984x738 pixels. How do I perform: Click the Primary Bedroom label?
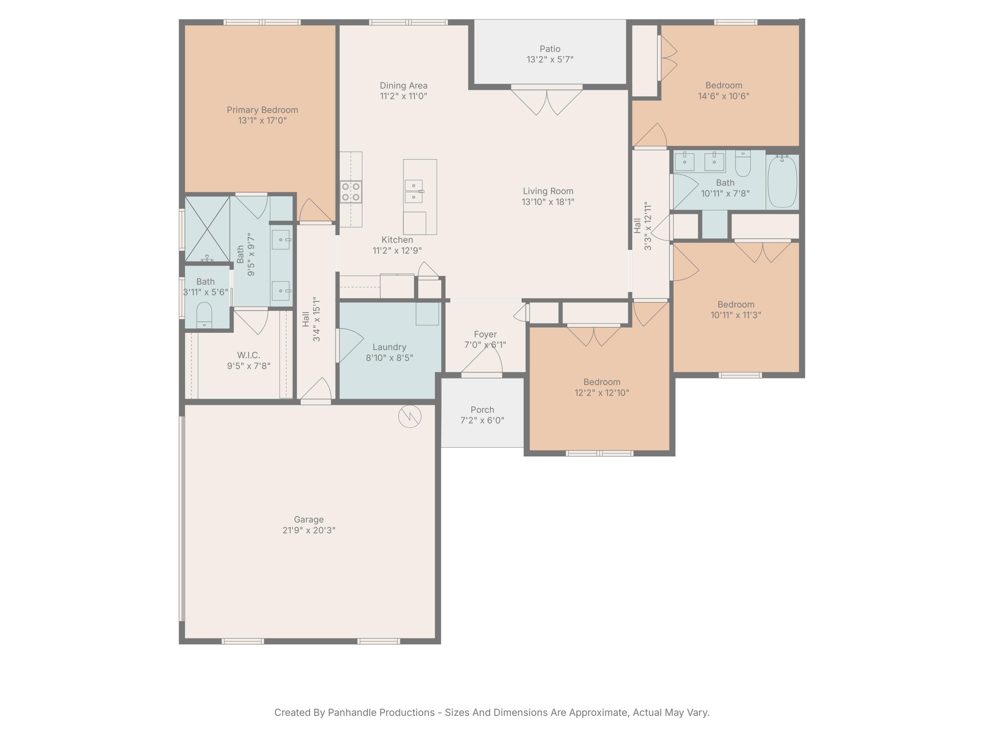click(262, 110)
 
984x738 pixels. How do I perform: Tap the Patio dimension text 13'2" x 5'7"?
click(550, 60)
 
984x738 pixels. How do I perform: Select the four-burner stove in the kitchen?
click(351, 192)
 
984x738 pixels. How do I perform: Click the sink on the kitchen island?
click(414, 191)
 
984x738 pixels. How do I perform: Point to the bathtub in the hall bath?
click(782, 181)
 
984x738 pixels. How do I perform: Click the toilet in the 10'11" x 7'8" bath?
click(743, 164)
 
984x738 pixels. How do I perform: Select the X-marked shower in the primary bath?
click(207, 229)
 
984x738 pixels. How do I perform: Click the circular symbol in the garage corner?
click(409, 417)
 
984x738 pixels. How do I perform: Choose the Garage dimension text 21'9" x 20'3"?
click(309, 530)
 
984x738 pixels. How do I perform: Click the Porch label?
click(482, 410)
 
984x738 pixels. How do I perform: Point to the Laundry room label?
click(389, 347)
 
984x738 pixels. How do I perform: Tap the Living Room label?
click(548, 191)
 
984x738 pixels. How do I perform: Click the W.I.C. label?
click(248, 355)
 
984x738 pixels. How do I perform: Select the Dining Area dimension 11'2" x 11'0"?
click(403, 96)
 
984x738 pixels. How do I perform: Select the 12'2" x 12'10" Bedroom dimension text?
click(602, 393)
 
